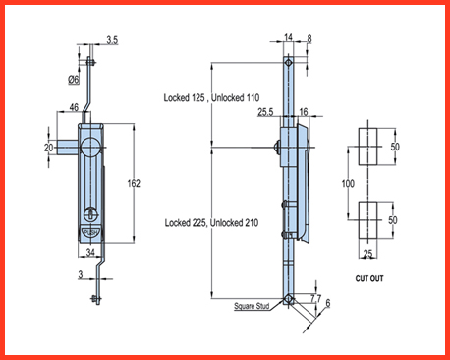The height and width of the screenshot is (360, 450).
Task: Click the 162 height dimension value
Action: pos(134,183)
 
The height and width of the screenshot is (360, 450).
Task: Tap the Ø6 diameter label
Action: pos(74,79)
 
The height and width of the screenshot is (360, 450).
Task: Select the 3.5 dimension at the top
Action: pos(112,40)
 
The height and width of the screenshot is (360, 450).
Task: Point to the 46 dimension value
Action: pos(74,107)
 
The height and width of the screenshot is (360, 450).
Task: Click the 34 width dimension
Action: pos(90,252)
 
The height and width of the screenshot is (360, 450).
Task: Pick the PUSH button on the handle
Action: pos(90,233)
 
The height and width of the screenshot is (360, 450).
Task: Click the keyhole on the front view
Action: pos(90,214)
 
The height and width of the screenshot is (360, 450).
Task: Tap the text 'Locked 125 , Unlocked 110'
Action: pos(211,97)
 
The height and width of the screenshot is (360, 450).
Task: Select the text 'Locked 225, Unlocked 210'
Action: pos(211,223)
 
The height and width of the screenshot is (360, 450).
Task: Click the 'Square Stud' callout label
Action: pos(252,306)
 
